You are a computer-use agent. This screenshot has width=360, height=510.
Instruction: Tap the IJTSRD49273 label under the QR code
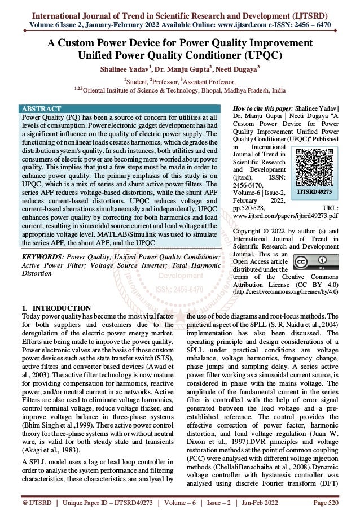tap(319, 192)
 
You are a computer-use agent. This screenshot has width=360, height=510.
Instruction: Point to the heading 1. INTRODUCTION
tap(51, 307)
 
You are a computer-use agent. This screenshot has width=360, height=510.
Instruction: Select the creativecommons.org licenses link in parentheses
tap(286, 293)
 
